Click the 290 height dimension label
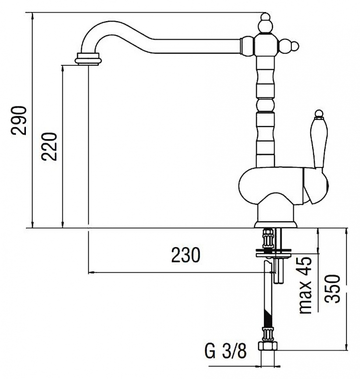click(18, 120)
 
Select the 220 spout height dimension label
click(49, 146)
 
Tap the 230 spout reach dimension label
click(186, 255)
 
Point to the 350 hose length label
click(332, 289)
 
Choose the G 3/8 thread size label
click(226, 351)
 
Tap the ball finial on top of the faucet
click(265, 24)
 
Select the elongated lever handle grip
click(319, 142)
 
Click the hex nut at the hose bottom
click(268, 345)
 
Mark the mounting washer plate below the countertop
click(273, 254)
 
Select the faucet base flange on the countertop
click(276, 225)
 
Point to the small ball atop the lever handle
click(319, 114)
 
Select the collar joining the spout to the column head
click(247, 46)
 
